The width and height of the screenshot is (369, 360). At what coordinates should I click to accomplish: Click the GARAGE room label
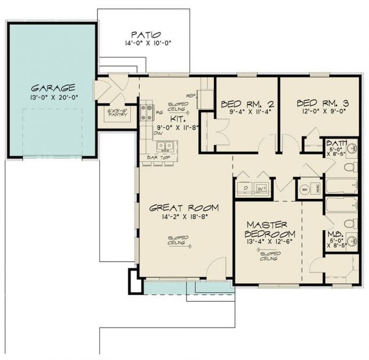pos(52,87)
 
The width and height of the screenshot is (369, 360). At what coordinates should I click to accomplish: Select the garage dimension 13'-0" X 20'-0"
pos(52,97)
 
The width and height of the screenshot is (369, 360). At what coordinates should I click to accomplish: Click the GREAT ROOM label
pos(184,207)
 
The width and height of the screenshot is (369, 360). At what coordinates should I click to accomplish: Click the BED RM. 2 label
pos(246,103)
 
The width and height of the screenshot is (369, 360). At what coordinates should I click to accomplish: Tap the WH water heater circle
pos(304,189)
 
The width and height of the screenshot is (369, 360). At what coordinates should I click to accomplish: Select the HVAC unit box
pos(317,189)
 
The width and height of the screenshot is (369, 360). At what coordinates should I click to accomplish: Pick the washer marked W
pos(261,189)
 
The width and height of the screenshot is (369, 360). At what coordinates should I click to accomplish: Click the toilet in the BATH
pos(349,167)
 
